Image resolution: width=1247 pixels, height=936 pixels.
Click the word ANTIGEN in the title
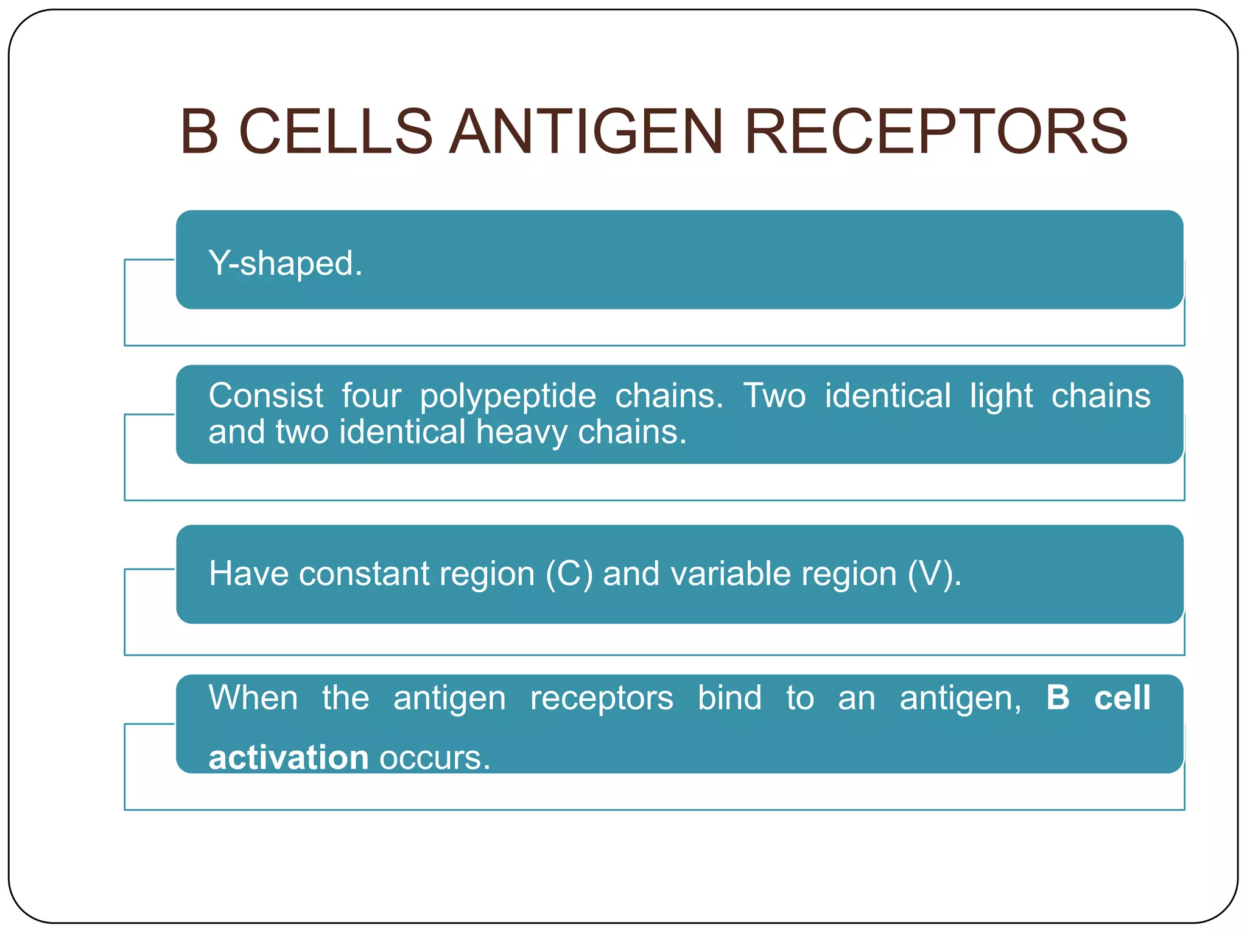586,132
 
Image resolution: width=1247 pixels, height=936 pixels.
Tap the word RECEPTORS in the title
935,132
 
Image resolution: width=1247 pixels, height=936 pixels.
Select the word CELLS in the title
335,132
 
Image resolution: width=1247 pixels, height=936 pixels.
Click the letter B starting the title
199,132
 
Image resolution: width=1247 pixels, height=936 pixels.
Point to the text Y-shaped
285,263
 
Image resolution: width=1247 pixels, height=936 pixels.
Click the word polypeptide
508,397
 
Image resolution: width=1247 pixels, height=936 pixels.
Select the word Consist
265,395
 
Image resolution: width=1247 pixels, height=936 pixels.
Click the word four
371,395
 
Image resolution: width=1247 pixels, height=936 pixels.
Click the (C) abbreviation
569,574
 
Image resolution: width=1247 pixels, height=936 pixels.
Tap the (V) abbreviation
933,574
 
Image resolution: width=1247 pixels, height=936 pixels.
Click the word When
253,698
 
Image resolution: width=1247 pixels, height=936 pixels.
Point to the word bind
729,698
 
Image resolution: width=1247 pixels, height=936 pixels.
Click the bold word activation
289,757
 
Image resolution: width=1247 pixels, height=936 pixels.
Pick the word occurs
434,759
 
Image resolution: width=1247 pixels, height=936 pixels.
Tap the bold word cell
1122,698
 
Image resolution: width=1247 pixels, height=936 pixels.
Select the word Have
248,574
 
